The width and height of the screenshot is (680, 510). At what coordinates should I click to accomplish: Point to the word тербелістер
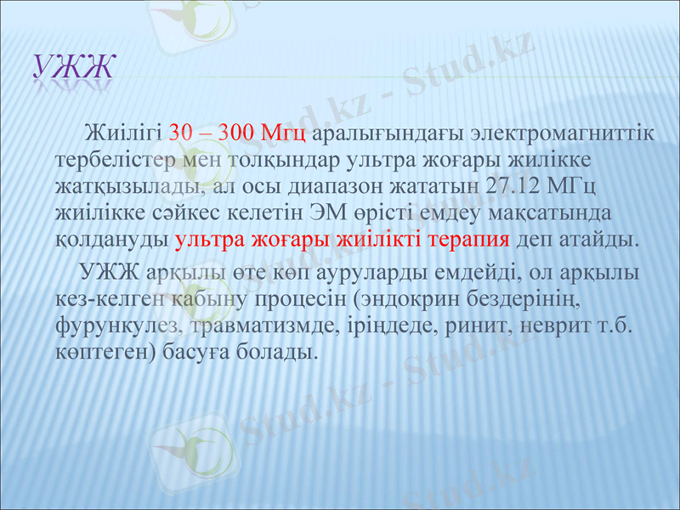pyautogui.click(x=110, y=160)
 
